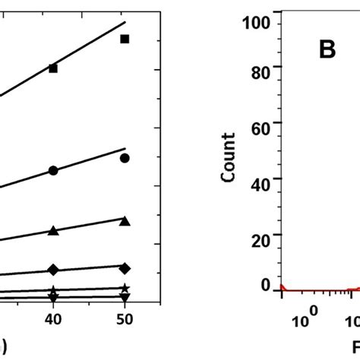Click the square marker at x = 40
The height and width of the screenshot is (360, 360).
53,68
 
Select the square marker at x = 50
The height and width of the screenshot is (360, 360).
125,39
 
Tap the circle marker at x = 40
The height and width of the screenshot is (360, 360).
53,171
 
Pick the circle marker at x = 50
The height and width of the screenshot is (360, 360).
125,158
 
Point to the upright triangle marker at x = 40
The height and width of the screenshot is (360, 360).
53,231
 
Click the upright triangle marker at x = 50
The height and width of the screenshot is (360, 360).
125,221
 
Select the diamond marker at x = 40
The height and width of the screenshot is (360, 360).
53,270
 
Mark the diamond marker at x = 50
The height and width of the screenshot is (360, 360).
125,268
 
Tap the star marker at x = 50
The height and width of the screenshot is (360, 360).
125,289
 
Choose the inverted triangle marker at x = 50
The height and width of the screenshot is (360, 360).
125,297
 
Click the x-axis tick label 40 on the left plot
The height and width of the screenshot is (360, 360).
53,322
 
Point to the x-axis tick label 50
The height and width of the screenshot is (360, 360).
125,322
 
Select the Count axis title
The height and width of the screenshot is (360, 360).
227,156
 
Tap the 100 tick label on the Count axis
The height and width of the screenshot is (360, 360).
257,23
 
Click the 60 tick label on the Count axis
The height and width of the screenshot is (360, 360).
261,127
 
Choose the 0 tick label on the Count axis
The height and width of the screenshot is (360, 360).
266,285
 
